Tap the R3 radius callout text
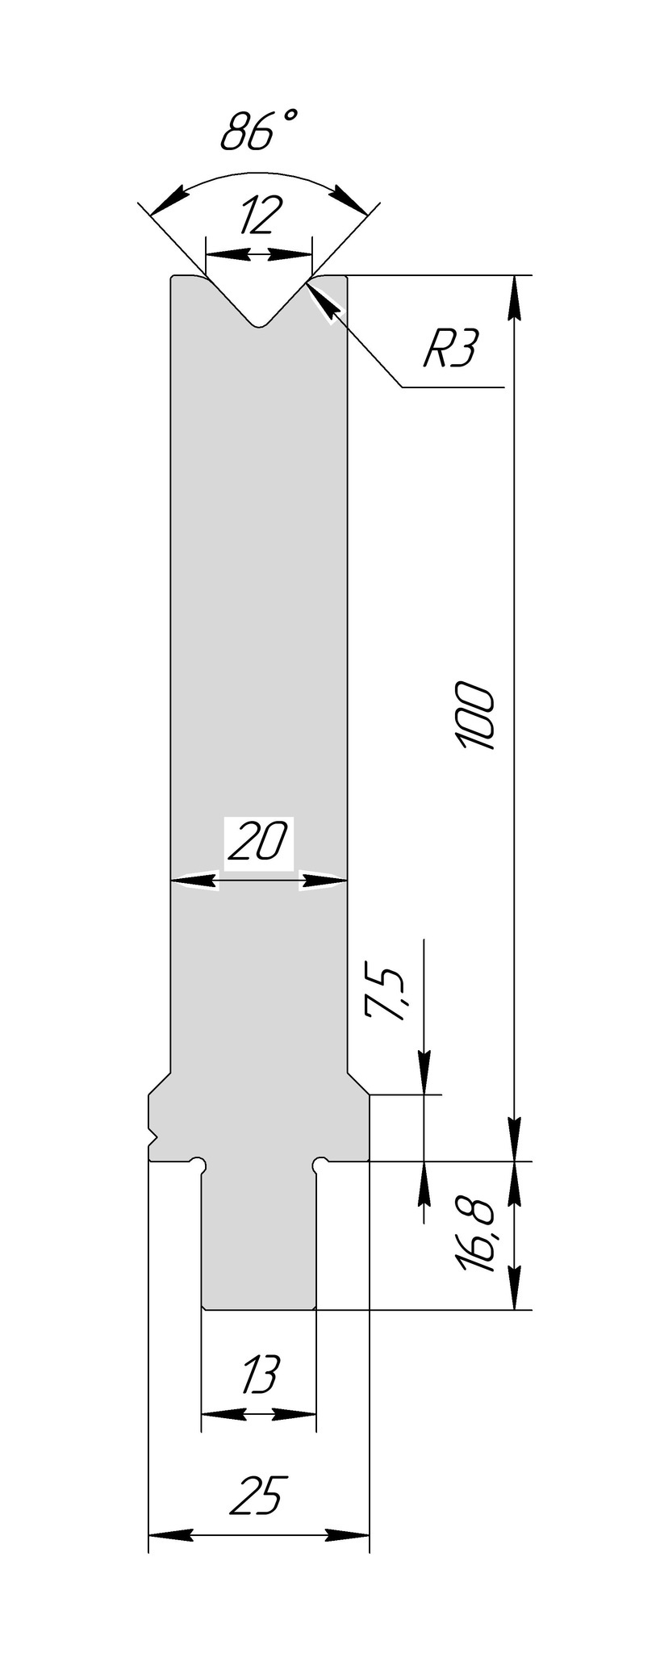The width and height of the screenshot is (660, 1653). (x=451, y=351)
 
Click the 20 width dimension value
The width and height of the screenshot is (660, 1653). (x=257, y=843)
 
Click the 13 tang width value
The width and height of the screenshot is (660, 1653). (x=258, y=1375)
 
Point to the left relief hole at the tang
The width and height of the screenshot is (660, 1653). (x=198, y=1164)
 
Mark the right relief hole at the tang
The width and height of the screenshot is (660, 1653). (x=320, y=1164)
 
